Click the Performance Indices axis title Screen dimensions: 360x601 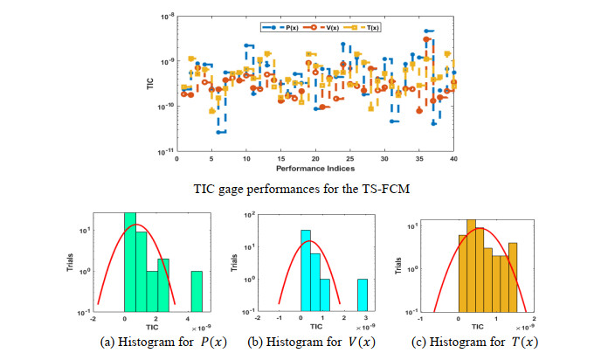tap(314, 167)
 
